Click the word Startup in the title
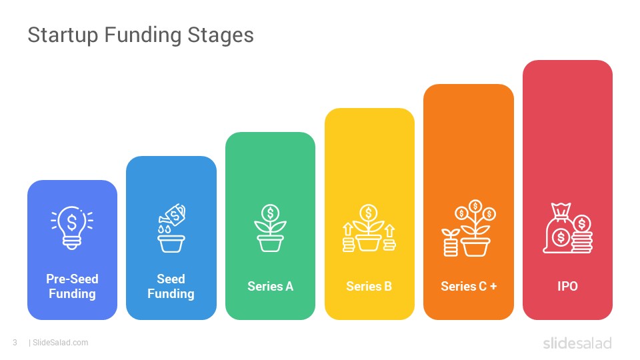click(x=63, y=35)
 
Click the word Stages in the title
click(x=221, y=35)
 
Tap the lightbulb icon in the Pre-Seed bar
click(x=72, y=227)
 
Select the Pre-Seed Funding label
click(x=72, y=286)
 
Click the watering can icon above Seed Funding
click(x=171, y=228)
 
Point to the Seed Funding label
click(x=171, y=286)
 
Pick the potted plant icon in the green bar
click(x=270, y=228)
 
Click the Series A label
click(x=270, y=287)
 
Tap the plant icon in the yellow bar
click(x=369, y=228)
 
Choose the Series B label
click(x=369, y=287)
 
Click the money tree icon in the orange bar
click(x=469, y=228)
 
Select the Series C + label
click(x=469, y=287)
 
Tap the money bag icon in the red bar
click(x=567, y=228)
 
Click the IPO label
click(x=568, y=287)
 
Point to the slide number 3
click(x=15, y=343)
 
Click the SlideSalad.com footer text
click(x=60, y=343)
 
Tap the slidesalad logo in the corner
click(x=577, y=343)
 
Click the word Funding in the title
click(x=143, y=35)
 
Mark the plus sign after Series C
click(x=493, y=287)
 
